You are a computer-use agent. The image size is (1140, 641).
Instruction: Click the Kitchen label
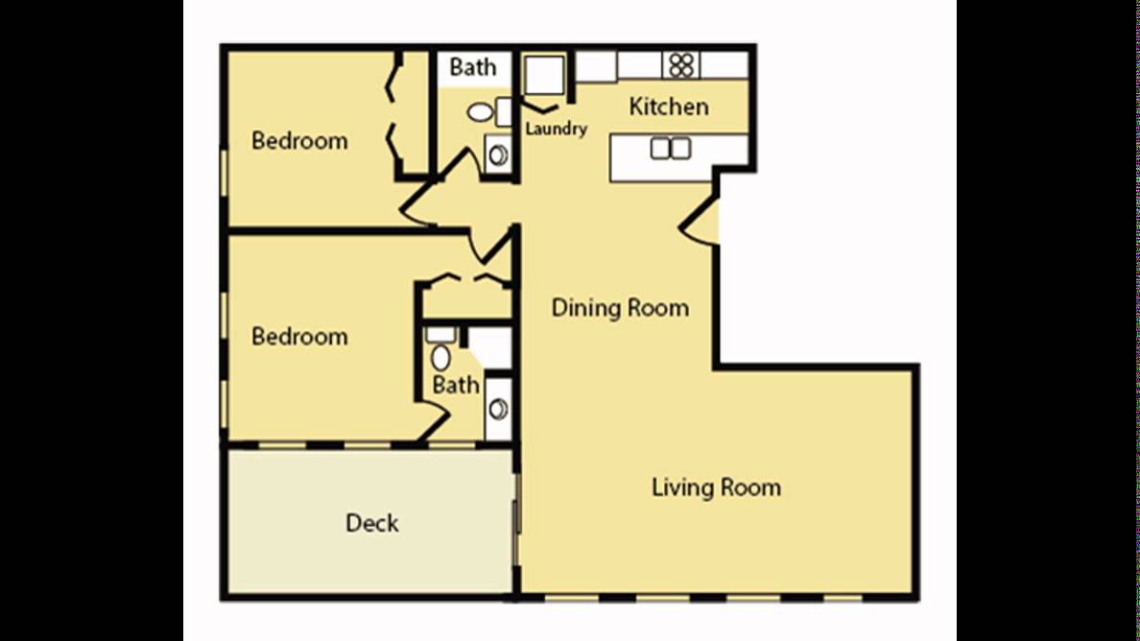point(668,107)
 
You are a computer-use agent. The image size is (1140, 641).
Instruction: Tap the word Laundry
point(557,130)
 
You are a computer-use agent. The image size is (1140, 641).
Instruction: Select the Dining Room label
point(620,307)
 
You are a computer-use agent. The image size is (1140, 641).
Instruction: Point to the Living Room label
point(716,487)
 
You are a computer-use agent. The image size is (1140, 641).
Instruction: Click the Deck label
point(371,523)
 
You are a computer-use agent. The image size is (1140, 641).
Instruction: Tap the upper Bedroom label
point(299,140)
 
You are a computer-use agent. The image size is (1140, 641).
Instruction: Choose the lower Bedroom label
point(299,336)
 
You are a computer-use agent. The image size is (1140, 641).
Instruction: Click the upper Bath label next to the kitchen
point(472,67)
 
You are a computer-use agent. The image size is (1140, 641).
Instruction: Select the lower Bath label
point(456,385)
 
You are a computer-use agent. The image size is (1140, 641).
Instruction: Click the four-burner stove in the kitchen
point(681,65)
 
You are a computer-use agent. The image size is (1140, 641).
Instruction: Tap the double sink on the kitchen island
point(671,149)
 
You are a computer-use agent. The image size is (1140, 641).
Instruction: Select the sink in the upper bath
point(498,154)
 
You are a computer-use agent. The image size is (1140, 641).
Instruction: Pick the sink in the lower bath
point(498,409)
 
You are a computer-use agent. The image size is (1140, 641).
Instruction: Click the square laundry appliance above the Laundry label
point(544,75)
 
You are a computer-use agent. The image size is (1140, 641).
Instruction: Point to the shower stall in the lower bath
point(489,348)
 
